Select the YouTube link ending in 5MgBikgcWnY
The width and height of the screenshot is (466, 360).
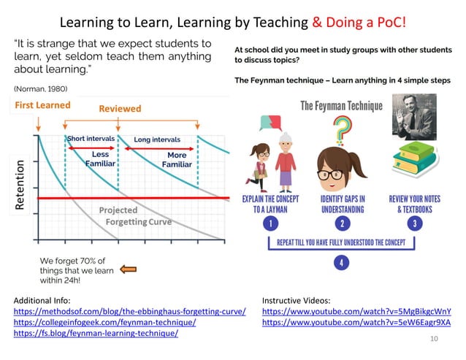(x=356, y=310)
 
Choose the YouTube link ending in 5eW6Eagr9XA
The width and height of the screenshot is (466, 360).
(x=356, y=322)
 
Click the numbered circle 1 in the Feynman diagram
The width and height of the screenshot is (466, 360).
(x=270, y=223)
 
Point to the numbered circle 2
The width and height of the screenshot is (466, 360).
(x=338, y=223)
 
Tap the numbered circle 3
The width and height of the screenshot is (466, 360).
(x=416, y=223)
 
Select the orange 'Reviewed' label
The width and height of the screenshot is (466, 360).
(x=120, y=109)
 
